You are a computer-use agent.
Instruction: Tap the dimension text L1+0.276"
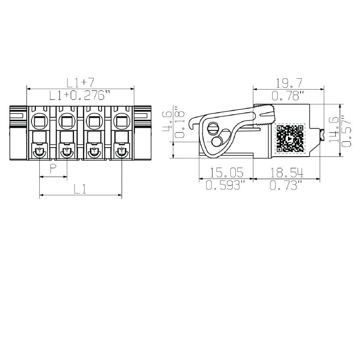click(x=80, y=95)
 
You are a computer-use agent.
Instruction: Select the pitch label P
click(x=53, y=169)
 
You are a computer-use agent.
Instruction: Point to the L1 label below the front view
click(x=80, y=189)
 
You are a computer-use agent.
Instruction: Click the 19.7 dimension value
click(x=288, y=83)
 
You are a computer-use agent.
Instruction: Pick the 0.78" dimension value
click(x=288, y=95)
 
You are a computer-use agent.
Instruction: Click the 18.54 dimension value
click(x=286, y=172)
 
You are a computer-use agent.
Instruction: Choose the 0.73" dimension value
click(x=286, y=185)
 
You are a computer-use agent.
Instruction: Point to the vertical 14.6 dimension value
click(x=334, y=130)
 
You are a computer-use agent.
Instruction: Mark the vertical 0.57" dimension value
click(x=346, y=130)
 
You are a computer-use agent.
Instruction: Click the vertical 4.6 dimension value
click(x=166, y=121)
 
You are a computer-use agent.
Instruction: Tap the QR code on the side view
click(x=290, y=139)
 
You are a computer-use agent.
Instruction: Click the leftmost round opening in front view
click(x=40, y=121)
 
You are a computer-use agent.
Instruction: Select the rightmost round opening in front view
click(x=121, y=121)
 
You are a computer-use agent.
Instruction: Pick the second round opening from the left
click(x=67, y=121)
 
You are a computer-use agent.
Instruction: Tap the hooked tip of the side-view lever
click(x=192, y=122)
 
